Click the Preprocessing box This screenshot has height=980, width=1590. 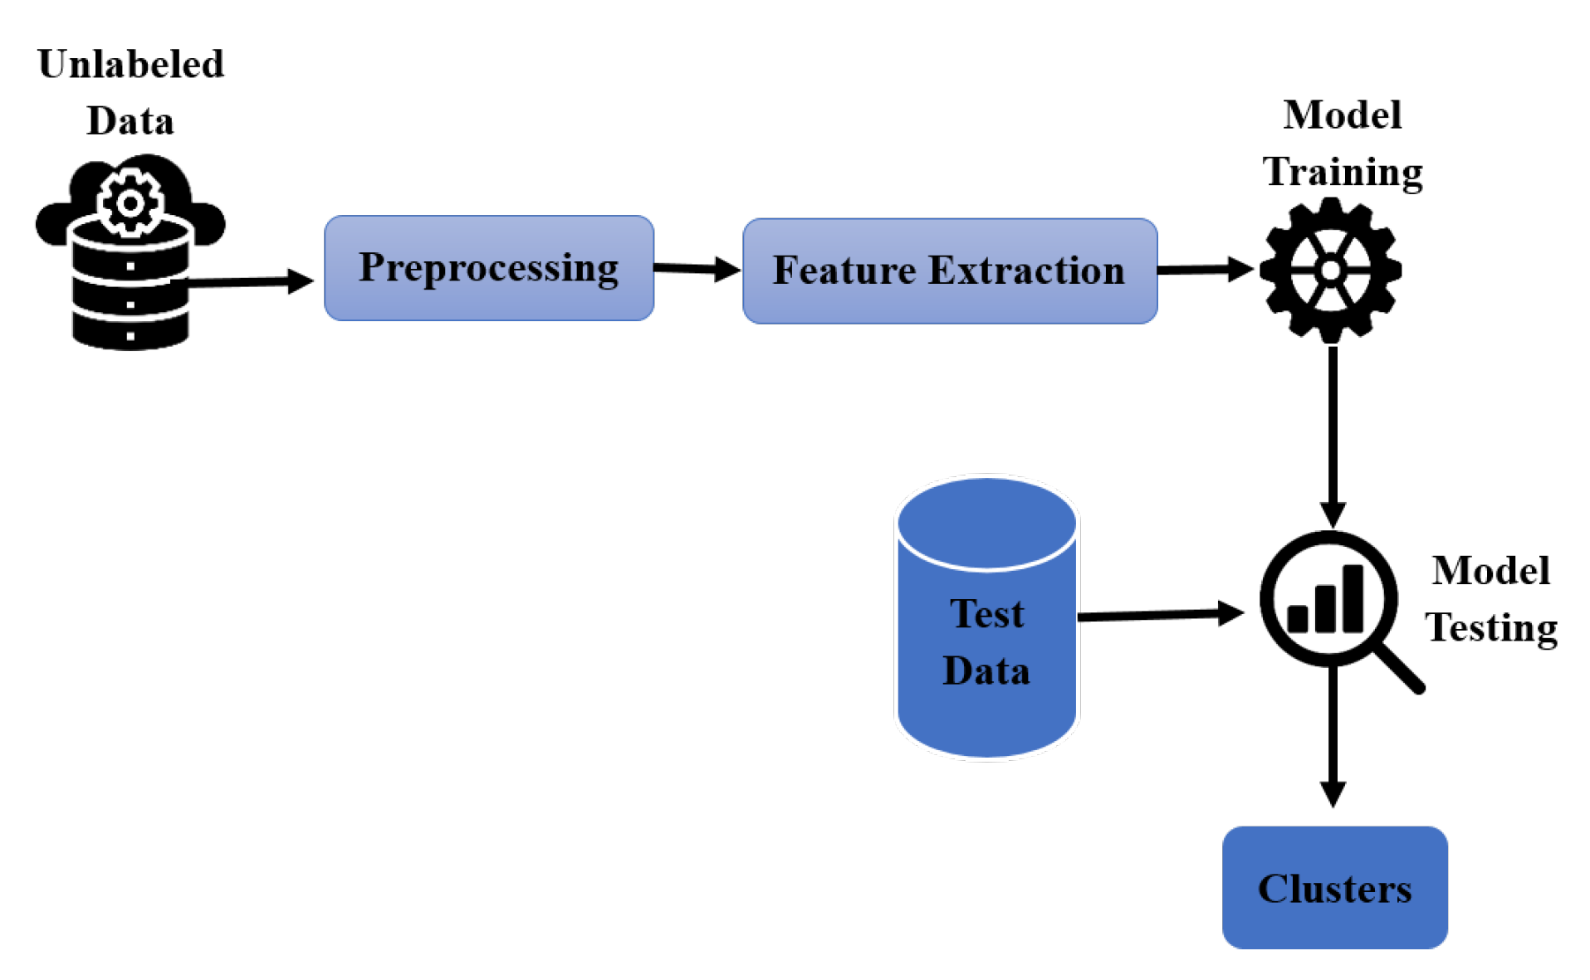coord(488,267)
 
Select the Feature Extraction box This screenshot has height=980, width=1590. coord(949,271)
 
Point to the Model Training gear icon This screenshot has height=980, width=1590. coord(1330,271)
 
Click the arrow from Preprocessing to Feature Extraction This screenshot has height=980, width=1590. coord(696,268)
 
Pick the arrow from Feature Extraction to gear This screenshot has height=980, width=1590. coord(1204,270)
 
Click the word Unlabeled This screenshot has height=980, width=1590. coord(130,64)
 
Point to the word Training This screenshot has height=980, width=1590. coord(1342,173)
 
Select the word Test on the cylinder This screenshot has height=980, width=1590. coord(986,614)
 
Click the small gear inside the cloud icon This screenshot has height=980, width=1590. coord(130,202)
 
